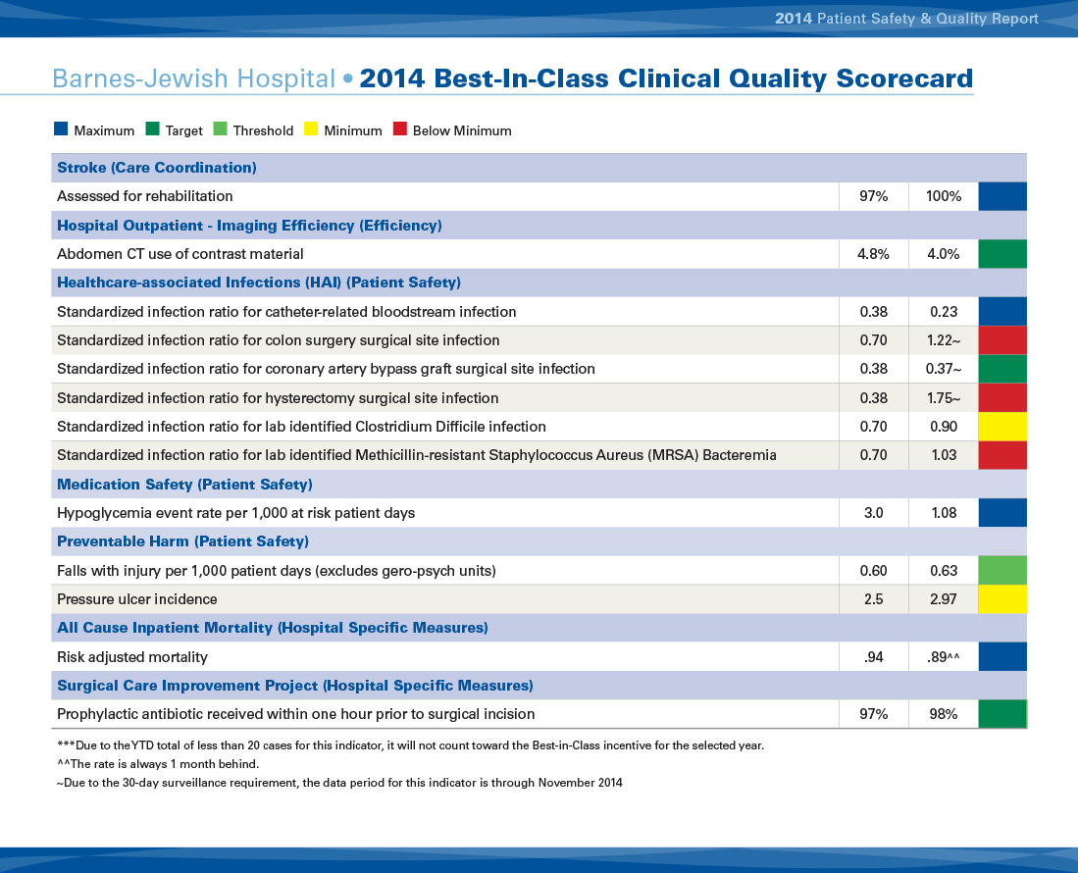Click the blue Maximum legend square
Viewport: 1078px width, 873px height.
[61, 129]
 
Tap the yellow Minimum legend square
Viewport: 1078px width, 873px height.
[311, 129]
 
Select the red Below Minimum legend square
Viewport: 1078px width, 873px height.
[399, 129]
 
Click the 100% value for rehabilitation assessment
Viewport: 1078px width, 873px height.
[943, 196]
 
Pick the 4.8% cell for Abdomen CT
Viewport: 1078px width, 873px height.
[873, 254]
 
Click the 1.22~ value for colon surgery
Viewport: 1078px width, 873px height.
[943, 340]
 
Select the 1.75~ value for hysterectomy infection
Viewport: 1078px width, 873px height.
[943, 398]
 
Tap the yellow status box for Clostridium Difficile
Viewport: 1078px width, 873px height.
[1002, 427]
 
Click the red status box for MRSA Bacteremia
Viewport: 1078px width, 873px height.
[1002, 455]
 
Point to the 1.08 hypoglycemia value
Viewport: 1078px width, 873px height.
[943, 513]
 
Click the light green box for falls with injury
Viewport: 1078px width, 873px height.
[1002, 570]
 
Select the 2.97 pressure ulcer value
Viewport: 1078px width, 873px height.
[943, 599]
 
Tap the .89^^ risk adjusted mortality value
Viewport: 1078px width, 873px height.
[943, 657]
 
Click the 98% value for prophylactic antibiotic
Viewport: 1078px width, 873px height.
[943, 714]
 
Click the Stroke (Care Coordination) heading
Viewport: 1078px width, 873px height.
[157, 168]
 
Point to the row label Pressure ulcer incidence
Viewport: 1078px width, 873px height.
[137, 599]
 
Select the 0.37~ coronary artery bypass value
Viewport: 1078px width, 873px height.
[943, 369]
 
